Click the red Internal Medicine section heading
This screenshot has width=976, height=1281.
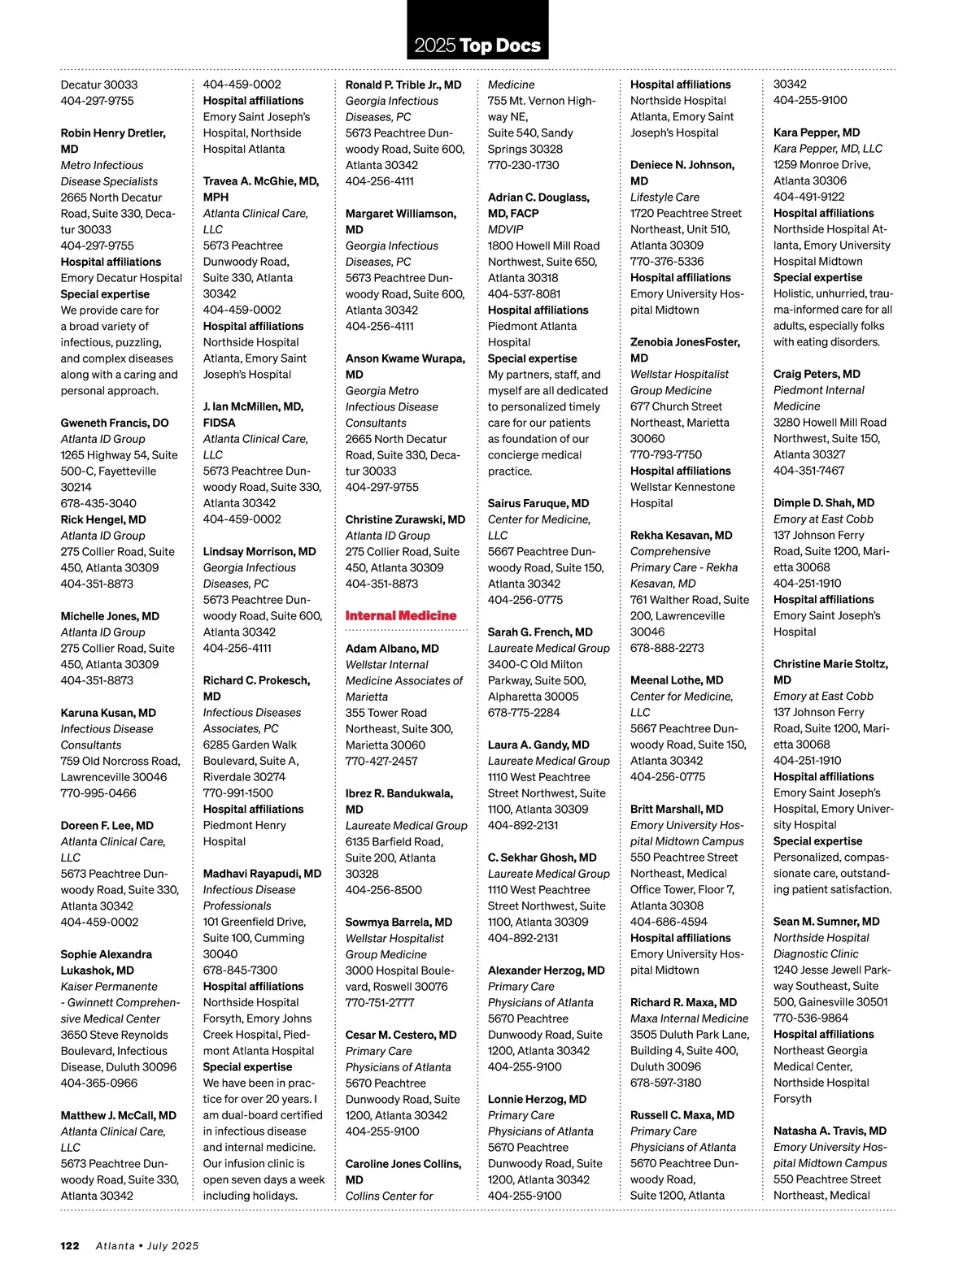(x=401, y=616)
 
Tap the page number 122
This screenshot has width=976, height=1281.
(x=70, y=1245)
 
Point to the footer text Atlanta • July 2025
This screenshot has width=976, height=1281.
(x=147, y=1245)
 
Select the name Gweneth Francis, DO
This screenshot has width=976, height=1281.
(x=115, y=423)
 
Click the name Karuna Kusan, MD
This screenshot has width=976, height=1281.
(x=108, y=713)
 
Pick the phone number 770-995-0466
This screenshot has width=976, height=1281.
(x=98, y=793)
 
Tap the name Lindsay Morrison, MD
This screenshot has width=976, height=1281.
(x=259, y=552)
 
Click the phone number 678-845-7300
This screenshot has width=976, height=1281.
(x=240, y=971)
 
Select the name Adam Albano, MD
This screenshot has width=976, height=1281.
(x=392, y=649)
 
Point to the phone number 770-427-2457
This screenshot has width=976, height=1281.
(x=381, y=762)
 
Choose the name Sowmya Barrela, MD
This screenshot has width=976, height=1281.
(x=399, y=923)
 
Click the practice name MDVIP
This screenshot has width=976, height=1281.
(x=505, y=229)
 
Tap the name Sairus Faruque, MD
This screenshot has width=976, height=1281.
(x=538, y=504)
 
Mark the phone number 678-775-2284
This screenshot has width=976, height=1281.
(x=524, y=713)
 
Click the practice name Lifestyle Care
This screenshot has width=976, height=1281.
(x=664, y=198)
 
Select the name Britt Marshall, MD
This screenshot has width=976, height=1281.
(x=677, y=810)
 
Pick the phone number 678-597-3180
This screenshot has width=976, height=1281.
(x=665, y=1083)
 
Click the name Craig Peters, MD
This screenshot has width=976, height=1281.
(x=817, y=375)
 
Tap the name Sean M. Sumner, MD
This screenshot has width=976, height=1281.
(x=826, y=922)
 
